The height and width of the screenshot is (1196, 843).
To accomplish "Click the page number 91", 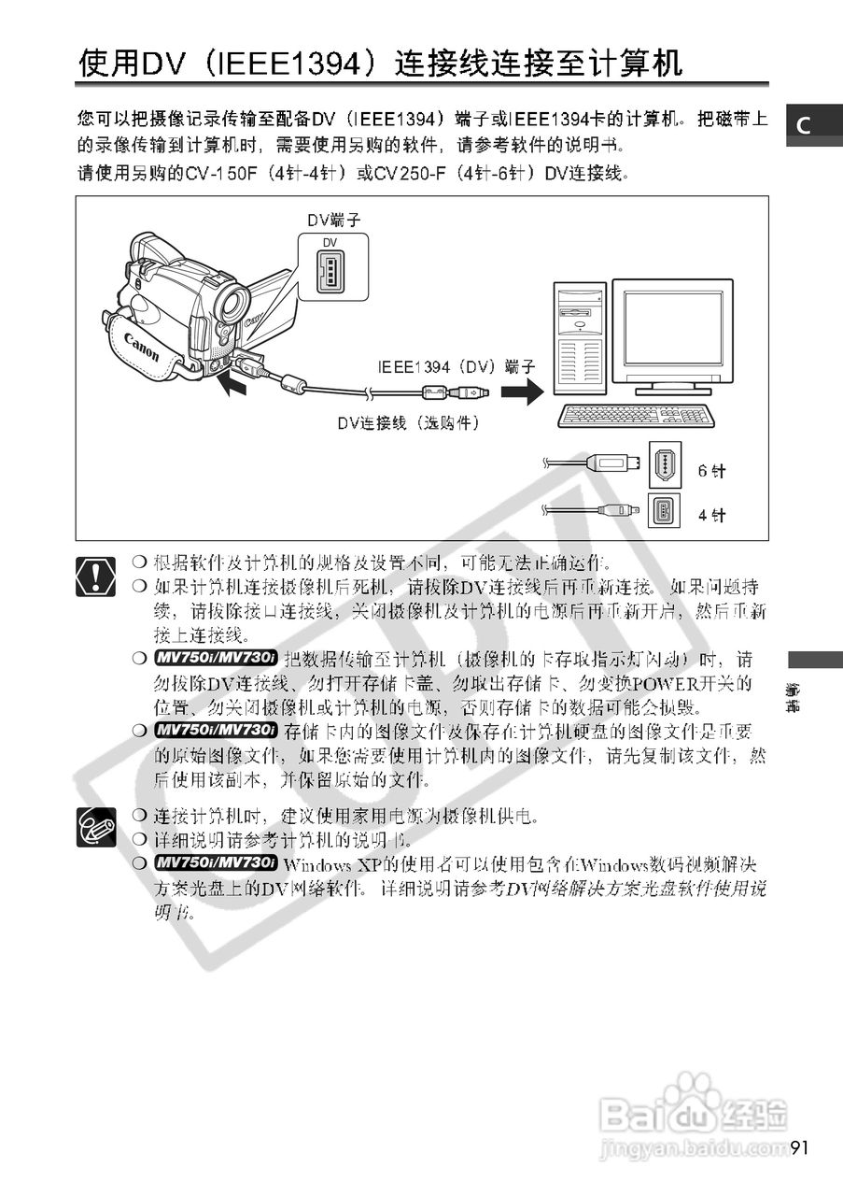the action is pyautogui.click(x=800, y=1147).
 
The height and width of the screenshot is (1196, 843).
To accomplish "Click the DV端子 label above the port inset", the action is pyautogui.click(x=333, y=220).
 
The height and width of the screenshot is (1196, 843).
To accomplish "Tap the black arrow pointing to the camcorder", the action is pyautogui.click(x=235, y=383).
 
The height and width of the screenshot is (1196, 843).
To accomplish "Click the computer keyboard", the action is pyautogui.click(x=635, y=416).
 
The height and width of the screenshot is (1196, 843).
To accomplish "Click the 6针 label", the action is pyautogui.click(x=710, y=471).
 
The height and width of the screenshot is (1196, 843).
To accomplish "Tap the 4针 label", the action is pyautogui.click(x=710, y=515).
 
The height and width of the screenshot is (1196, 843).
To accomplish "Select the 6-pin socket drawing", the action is pyautogui.click(x=665, y=465).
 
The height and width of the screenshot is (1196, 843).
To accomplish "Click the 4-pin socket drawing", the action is pyautogui.click(x=665, y=511).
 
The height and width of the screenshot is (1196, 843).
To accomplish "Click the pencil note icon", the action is pyautogui.click(x=97, y=826).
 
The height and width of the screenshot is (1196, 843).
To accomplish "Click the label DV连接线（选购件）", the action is pyautogui.click(x=408, y=423).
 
